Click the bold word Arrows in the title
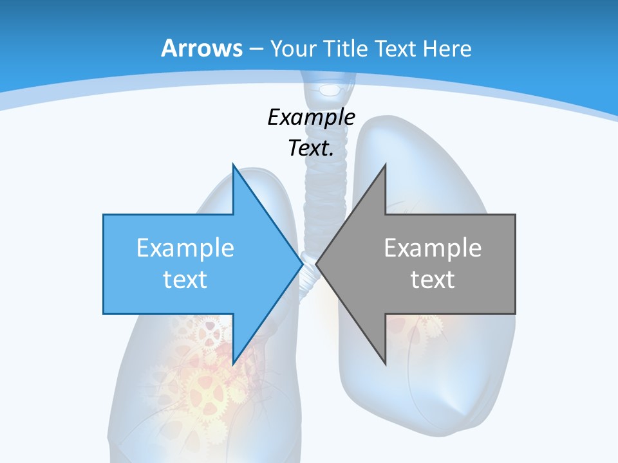pos(201,48)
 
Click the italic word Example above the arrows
pos(311,117)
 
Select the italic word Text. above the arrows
pos(311,148)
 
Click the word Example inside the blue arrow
pos(185,248)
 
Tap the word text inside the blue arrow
pos(185,279)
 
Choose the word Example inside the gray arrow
pos(433,248)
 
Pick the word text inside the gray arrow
pos(433,279)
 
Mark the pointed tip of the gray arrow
pos(317,264)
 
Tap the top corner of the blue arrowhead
pos(234,166)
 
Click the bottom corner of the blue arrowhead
pos(234,364)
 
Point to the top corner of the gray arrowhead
pos(385,165)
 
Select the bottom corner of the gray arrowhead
pos(385,364)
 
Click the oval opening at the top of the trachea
pos(331,88)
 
